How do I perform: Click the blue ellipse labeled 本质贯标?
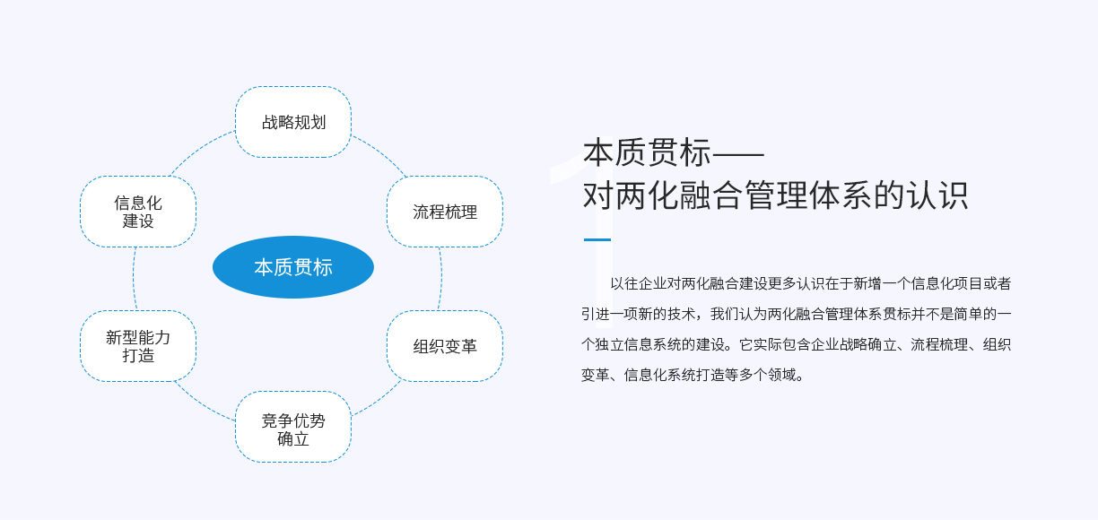tap(293, 267)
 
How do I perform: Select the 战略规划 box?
tap(293, 122)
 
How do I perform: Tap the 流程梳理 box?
tap(445, 212)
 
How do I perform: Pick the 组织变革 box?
tap(445, 346)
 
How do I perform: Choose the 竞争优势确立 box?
tap(293, 427)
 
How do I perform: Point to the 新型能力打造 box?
tap(138, 346)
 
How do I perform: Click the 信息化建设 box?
tap(138, 212)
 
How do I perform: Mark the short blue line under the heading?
tap(597, 239)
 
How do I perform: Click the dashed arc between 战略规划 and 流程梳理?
tap(382, 153)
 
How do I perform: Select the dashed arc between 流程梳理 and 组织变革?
tap(441, 278)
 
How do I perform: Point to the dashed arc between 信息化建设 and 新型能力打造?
tap(134, 278)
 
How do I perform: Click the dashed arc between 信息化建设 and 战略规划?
tap(200, 150)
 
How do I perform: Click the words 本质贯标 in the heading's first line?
tap(647, 152)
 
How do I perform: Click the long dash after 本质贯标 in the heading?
tap(738, 153)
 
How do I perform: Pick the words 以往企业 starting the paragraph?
tap(639, 284)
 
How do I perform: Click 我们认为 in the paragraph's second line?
tap(738, 314)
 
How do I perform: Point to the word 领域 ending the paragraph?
tap(782, 376)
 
